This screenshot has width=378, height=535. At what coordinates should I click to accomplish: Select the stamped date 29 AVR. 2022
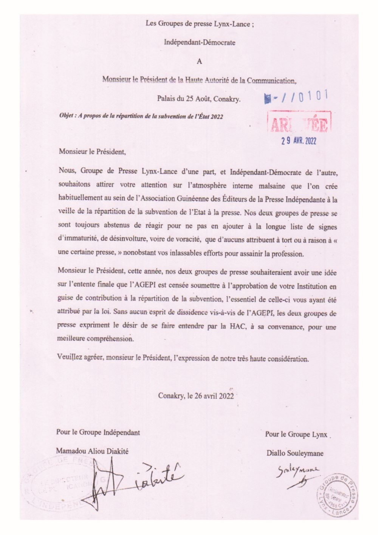coord(298,141)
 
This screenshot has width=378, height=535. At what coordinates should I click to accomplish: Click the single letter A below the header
coord(200,61)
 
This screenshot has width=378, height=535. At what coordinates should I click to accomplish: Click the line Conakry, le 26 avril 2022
coord(196,396)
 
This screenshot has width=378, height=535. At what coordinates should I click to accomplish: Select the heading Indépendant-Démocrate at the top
coord(200,42)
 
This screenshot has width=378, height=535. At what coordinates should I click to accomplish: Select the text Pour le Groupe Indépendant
coord(98,432)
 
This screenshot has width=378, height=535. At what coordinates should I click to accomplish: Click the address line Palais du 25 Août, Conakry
coord(199,99)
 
